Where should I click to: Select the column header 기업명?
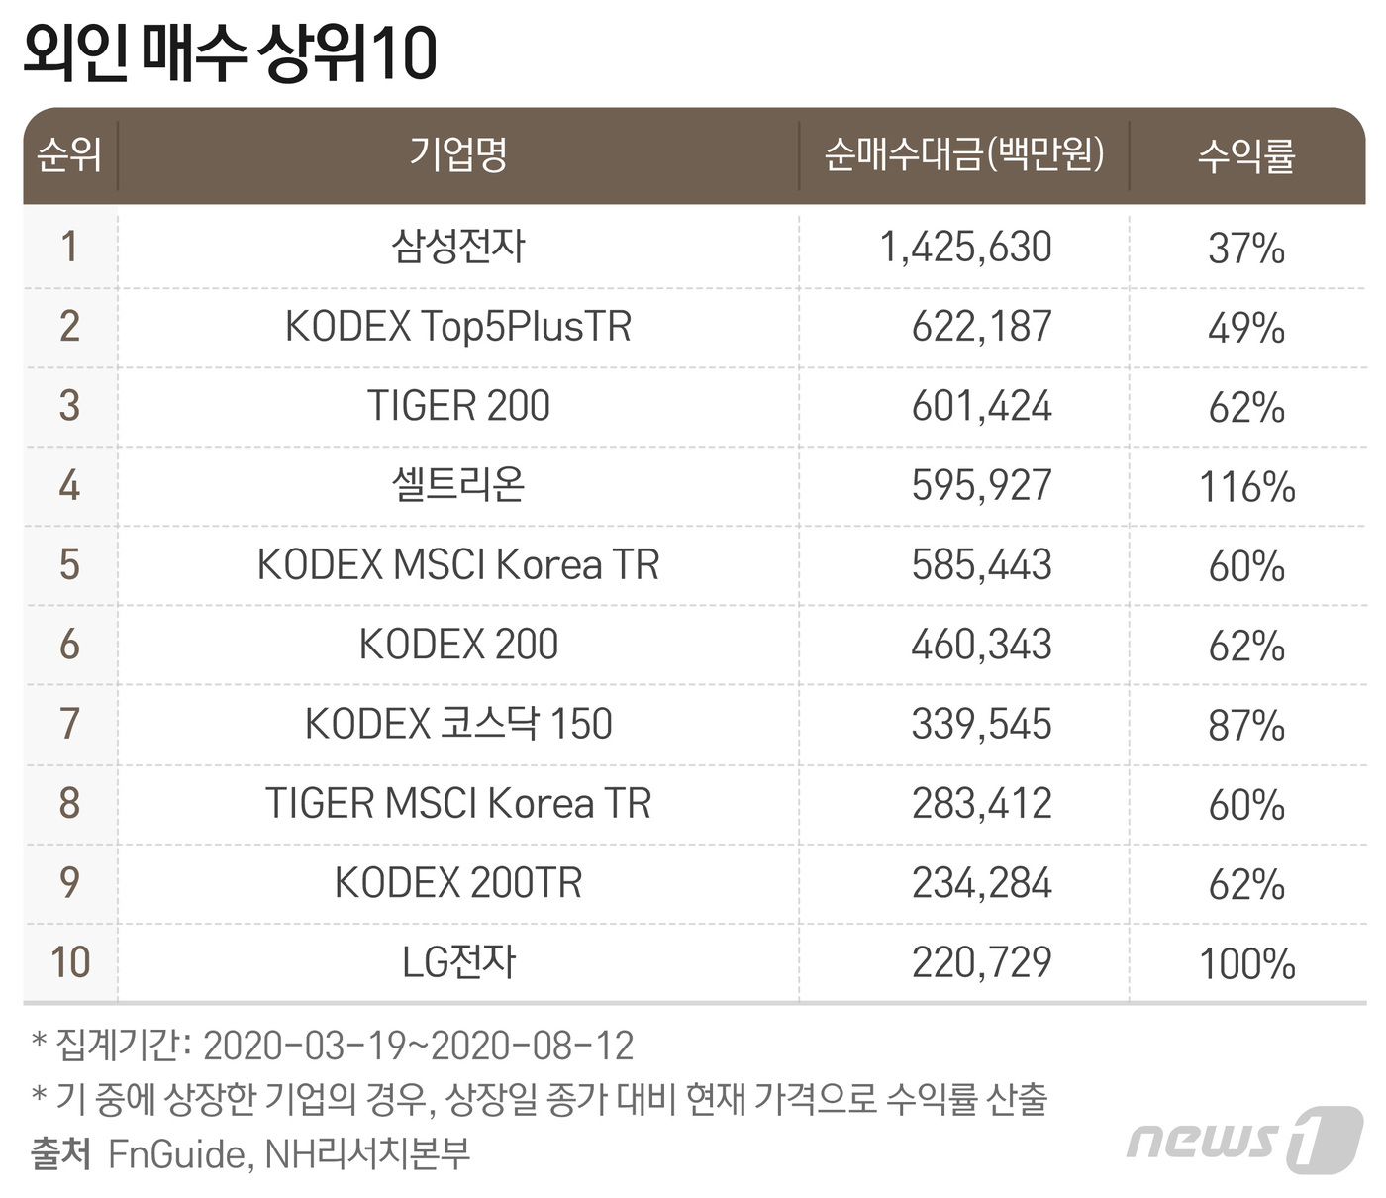point(458,154)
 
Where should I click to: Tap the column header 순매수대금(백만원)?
point(963,154)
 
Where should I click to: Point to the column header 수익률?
point(1246,155)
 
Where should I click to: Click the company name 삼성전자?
point(458,247)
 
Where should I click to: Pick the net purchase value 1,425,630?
point(965,248)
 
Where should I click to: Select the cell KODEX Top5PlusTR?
point(458,326)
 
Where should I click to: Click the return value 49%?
point(1246,328)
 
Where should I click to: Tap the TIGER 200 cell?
point(458,406)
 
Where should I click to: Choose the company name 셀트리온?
point(458,485)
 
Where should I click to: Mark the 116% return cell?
point(1246,487)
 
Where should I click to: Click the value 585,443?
point(981,565)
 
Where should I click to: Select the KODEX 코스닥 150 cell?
point(458,724)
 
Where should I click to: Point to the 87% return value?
point(1246,726)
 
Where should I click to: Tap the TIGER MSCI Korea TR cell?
point(458,803)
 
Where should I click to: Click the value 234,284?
point(981,883)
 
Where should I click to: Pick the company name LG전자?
point(458,962)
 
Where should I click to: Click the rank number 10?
point(70,962)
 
